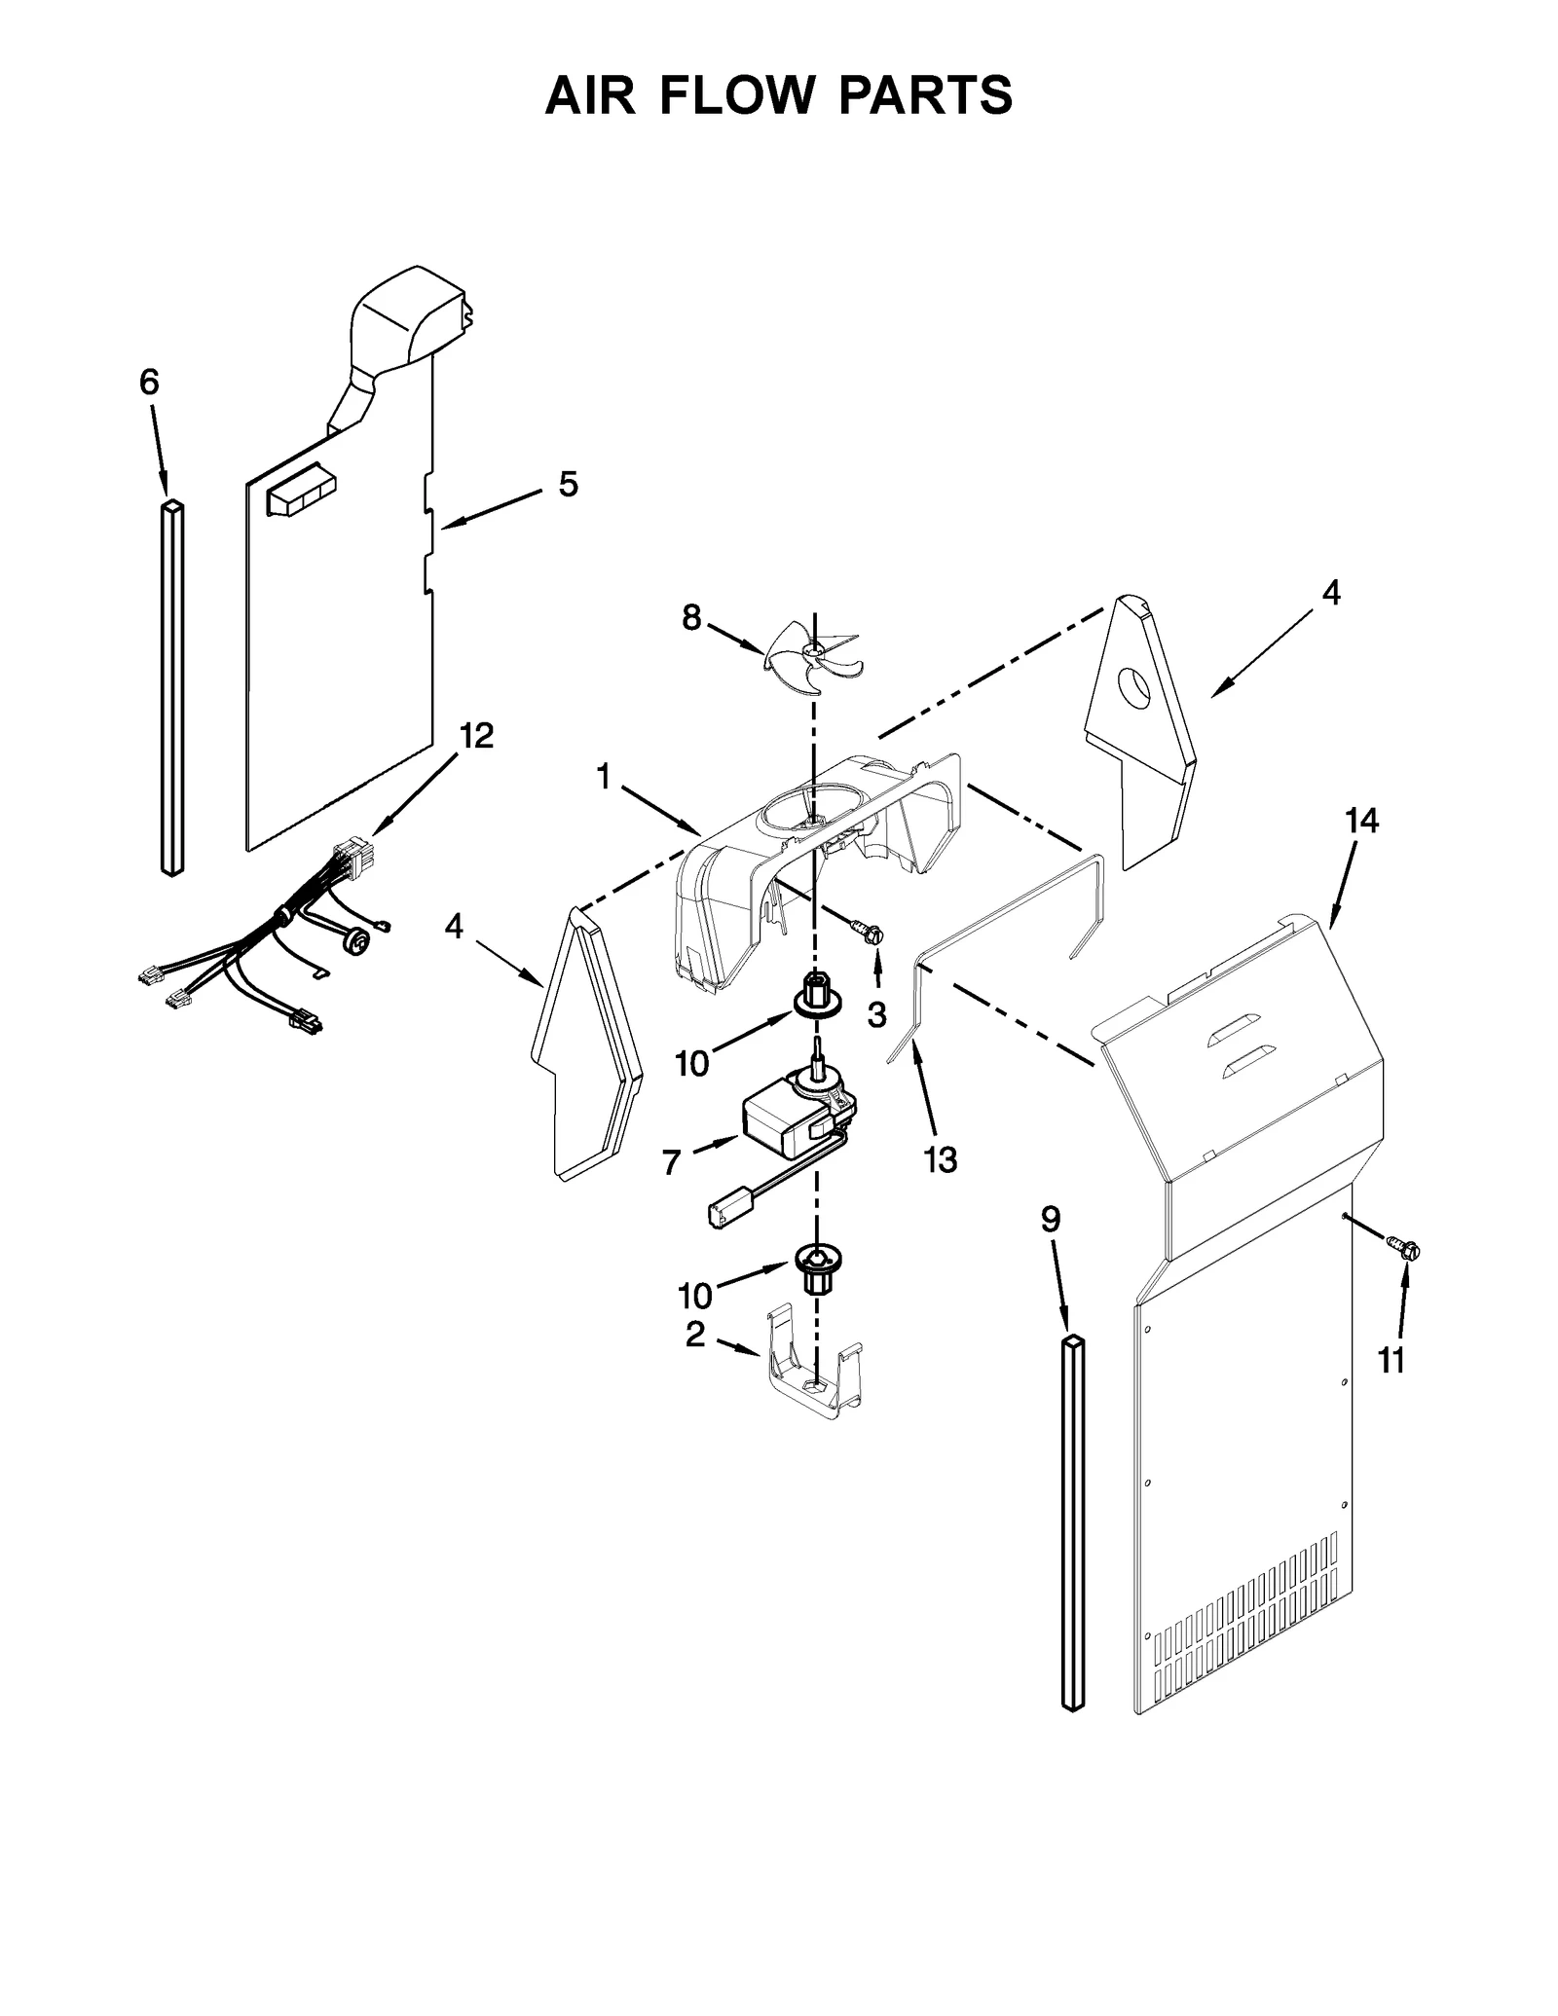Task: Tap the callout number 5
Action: (568, 484)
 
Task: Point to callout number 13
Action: (941, 1159)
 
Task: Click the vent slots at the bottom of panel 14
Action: (1246, 1625)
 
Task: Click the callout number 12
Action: (476, 736)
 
